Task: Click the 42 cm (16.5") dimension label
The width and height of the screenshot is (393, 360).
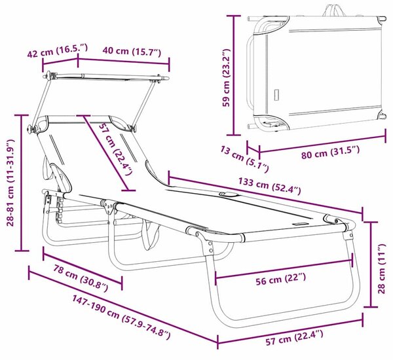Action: (x=58, y=50)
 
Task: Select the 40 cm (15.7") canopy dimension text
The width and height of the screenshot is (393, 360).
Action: (x=132, y=51)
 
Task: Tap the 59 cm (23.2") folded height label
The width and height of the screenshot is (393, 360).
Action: (x=227, y=78)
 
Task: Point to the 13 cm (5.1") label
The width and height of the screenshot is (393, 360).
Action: (x=244, y=159)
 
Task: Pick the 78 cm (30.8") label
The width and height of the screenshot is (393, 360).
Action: (x=81, y=278)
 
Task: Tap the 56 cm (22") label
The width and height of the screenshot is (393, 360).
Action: (x=281, y=279)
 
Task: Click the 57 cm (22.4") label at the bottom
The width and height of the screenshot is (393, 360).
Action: (x=294, y=338)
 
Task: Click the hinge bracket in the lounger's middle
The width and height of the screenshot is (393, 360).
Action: (x=108, y=206)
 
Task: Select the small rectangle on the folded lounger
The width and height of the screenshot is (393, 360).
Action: (x=276, y=95)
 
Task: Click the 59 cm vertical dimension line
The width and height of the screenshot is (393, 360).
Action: (x=234, y=75)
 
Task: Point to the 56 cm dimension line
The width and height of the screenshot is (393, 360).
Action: (x=284, y=269)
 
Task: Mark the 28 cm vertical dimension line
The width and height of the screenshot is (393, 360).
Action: (x=371, y=264)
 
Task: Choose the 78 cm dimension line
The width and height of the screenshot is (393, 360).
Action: (x=83, y=268)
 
